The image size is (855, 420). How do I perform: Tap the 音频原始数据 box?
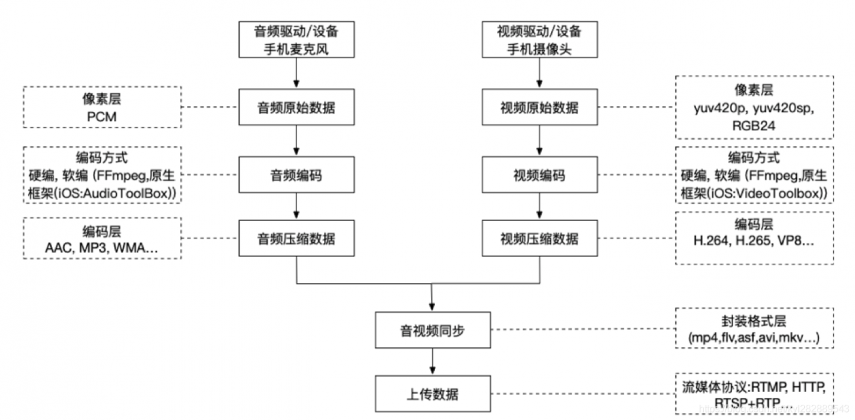[x=295, y=108]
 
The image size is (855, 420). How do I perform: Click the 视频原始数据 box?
[x=540, y=108]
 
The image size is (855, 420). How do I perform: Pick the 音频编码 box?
[x=295, y=176]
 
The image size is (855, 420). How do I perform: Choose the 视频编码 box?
[x=540, y=176]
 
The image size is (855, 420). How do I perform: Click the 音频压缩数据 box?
[x=295, y=239]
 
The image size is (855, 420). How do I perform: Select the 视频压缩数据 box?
[x=540, y=239]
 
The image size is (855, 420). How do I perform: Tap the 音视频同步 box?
[x=434, y=330]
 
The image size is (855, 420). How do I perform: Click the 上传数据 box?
[x=434, y=393]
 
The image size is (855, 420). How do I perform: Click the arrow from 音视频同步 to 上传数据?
[x=434, y=361]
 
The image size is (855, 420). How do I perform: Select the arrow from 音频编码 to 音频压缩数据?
[x=295, y=207]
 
